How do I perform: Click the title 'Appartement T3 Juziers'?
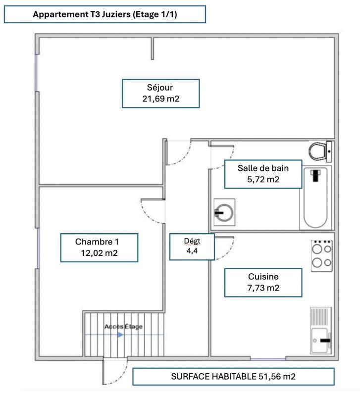point(104,14)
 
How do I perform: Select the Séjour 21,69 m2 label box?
point(160,93)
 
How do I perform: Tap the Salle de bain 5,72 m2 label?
point(263,174)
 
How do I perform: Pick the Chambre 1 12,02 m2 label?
point(98,247)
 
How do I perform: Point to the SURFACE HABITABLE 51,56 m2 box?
point(233,376)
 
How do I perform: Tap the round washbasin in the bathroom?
point(224,213)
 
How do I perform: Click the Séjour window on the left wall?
point(37,72)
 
